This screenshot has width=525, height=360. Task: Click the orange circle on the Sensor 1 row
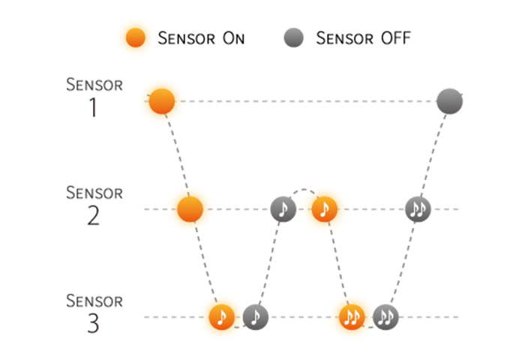[x=162, y=101]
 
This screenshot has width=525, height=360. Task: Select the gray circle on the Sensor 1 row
[x=450, y=101]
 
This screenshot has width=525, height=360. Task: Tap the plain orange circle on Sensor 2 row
[x=190, y=209]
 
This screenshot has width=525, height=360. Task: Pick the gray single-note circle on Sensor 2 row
[x=283, y=209]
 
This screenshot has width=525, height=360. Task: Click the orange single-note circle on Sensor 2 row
[x=324, y=209]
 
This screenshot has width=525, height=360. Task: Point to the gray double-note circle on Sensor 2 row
[x=418, y=209]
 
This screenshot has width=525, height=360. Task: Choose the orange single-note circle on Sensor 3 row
[x=222, y=317]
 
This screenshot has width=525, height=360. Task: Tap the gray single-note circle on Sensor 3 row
[x=256, y=317]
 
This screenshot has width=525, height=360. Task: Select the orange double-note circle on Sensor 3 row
[x=352, y=317]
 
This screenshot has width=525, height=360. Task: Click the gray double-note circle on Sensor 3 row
[x=385, y=317]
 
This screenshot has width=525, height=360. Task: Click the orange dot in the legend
[x=136, y=37]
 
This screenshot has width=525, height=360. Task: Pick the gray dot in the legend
[x=294, y=37]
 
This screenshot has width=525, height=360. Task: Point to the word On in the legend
[x=234, y=38]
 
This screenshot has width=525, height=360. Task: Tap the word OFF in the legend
[x=396, y=37]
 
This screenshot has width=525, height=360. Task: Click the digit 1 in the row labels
[x=94, y=107]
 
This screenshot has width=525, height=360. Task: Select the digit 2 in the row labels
[x=94, y=216]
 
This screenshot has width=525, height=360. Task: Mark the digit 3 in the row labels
[x=94, y=323]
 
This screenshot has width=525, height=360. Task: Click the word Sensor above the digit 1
[x=94, y=85]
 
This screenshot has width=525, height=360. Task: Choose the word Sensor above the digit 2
[x=94, y=193]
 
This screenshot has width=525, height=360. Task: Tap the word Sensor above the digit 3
[x=94, y=301]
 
